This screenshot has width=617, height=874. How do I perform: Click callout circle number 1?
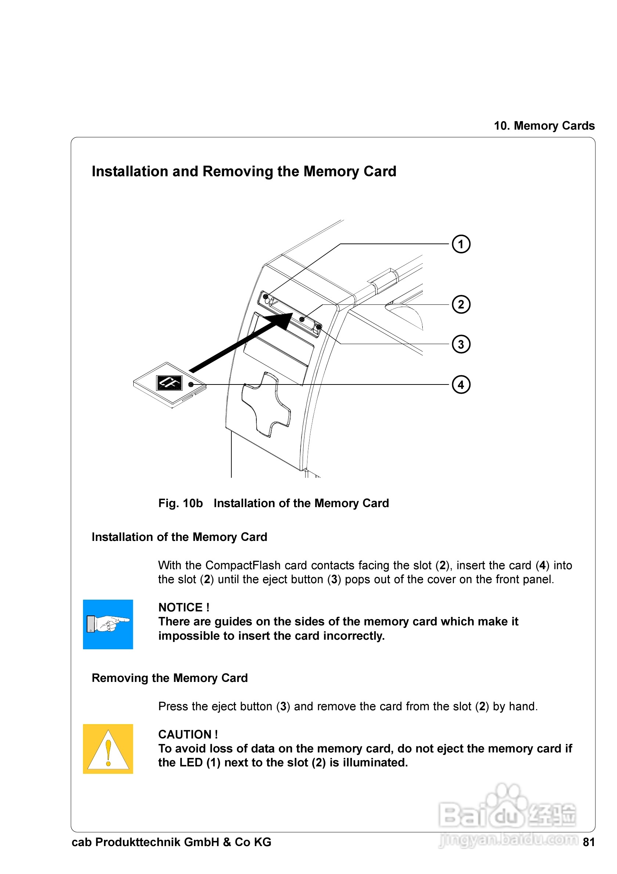click(x=461, y=244)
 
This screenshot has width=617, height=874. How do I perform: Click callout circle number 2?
click(x=461, y=304)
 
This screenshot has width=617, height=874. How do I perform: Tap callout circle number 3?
click(x=461, y=344)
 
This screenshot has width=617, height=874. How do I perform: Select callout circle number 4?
click(x=461, y=384)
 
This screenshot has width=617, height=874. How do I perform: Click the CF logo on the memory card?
click(x=169, y=383)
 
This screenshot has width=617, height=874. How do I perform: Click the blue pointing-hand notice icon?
click(x=108, y=624)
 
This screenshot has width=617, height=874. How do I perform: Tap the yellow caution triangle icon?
click(x=108, y=749)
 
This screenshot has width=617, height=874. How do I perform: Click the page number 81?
click(x=588, y=842)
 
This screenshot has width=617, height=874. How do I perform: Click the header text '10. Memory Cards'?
click(x=544, y=126)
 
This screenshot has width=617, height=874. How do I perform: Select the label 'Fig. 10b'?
click(x=180, y=503)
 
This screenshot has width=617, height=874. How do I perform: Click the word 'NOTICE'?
click(x=180, y=607)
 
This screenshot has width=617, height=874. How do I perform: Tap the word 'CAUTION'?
click(x=185, y=734)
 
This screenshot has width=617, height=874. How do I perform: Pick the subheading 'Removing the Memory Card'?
click(x=170, y=678)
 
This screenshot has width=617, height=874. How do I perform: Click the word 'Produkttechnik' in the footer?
click(x=138, y=842)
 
